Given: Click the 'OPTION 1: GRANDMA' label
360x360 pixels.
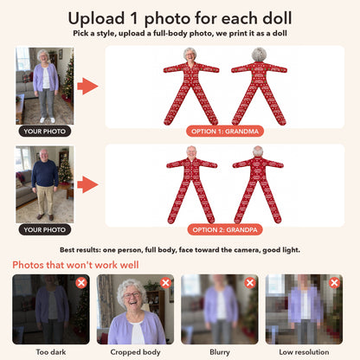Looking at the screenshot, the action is pyautogui.click(x=225, y=132).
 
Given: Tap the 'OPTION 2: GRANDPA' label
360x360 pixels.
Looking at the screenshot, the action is pyautogui.click(x=225, y=229).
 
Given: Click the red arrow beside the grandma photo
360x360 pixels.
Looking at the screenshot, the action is pyautogui.click(x=87, y=86).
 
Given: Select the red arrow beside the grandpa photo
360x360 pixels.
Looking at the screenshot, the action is pyautogui.click(x=87, y=184).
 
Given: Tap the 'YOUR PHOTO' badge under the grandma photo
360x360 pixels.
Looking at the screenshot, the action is pyautogui.click(x=45, y=132).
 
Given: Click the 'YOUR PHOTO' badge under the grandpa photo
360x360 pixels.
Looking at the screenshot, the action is pyautogui.click(x=45, y=229).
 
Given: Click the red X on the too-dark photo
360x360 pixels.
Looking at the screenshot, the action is pyautogui.click(x=81, y=283).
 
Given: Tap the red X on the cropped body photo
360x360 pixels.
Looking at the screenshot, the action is pyautogui.click(x=165, y=283).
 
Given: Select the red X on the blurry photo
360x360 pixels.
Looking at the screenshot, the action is pyautogui.click(x=250, y=283).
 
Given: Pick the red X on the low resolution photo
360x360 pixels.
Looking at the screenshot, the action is pyautogui.click(x=334, y=283).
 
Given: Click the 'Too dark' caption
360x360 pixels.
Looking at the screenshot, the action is pyautogui.click(x=51, y=352).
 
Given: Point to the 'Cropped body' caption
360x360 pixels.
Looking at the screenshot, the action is pyautogui.click(x=135, y=352).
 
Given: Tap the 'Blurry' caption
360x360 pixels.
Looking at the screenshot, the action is pyautogui.click(x=220, y=352).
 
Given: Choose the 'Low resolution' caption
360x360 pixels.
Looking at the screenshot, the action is pyautogui.click(x=304, y=352).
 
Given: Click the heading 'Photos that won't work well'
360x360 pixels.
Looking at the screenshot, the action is pyautogui.click(x=75, y=265).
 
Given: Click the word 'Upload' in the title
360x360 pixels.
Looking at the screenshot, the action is pyautogui.click(x=96, y=19).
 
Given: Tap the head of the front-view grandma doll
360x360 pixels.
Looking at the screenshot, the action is pyautogui.click(x=190, y=55).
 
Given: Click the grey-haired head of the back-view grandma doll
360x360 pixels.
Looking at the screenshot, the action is pyautogui.click(x=259, y=55).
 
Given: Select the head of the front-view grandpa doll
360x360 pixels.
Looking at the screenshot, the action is pyautogui.click(x=191, y=152).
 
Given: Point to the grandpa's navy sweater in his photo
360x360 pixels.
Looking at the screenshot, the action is pyautogui.click(x=45, y=174).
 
